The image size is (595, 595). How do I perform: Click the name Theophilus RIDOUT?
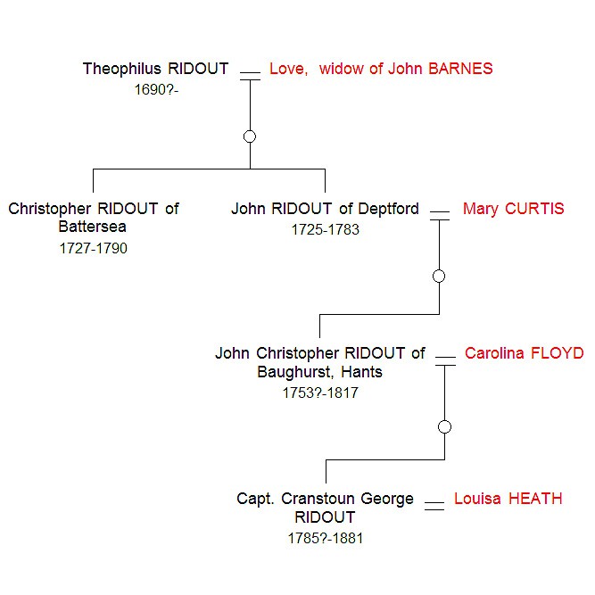tap(155, 69)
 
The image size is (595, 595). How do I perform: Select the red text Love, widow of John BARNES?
tap(381, 69)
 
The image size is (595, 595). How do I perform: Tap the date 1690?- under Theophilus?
tap(157, 89)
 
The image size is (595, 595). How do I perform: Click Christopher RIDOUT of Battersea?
tap(94, 218)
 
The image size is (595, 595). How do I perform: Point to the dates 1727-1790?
tap(94, 249)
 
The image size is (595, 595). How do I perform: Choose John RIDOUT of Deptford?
tap(325, 209)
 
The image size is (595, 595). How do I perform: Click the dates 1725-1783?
tap(325, 230)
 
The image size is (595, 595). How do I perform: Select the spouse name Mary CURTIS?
tap(513, 209)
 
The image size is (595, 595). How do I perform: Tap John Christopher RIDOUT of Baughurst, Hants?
tap(319, 362)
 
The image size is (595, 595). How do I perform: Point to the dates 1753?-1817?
tap(319, 393)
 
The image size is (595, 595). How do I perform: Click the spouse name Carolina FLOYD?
tap(524, 353)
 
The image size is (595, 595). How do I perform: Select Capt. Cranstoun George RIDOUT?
tap(325, 508)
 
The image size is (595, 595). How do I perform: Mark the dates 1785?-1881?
tap(325, 538)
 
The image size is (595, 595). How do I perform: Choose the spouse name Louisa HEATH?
tap(508, 499)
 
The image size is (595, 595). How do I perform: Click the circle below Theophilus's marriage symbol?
tap(250, 136)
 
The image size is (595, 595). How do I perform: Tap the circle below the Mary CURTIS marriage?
tap(439, 277)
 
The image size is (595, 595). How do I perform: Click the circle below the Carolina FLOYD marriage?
tap(445, 426)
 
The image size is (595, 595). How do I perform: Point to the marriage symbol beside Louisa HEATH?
tap(434, 506)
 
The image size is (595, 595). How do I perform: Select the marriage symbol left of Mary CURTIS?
tap(440, 215)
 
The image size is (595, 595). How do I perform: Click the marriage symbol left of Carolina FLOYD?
tap(445, 360)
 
